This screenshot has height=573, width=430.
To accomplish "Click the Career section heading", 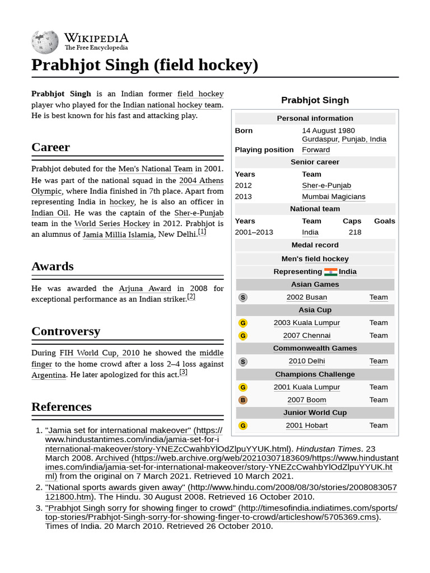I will [51, 147].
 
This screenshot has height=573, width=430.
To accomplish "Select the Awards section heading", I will [53, 266].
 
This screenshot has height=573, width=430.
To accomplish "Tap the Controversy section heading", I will [66, 331].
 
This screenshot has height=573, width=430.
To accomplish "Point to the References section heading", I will [62, 407].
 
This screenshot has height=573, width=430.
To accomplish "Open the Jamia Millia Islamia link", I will [118, 235].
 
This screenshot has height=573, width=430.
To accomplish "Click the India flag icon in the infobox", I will [330, 272].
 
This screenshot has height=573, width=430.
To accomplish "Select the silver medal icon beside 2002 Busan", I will [243, 298].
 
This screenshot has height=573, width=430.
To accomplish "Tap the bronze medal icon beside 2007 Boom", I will [243, 400].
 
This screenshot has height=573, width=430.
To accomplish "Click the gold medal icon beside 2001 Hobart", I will [243, 426].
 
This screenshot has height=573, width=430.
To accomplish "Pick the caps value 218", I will [354, 232].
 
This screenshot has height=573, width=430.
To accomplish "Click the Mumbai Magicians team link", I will [333, 197].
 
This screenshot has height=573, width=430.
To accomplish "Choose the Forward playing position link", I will [316, 150].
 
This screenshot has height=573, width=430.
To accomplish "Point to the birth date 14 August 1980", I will [328, 131].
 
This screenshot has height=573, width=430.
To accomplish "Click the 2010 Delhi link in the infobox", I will [306, 361].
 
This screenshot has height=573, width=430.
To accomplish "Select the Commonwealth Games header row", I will [315, 349].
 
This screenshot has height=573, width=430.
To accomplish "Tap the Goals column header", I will [384, 221].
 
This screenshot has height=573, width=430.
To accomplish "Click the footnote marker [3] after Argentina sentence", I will [183, 372].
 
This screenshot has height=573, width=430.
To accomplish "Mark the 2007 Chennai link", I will [306, 336].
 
